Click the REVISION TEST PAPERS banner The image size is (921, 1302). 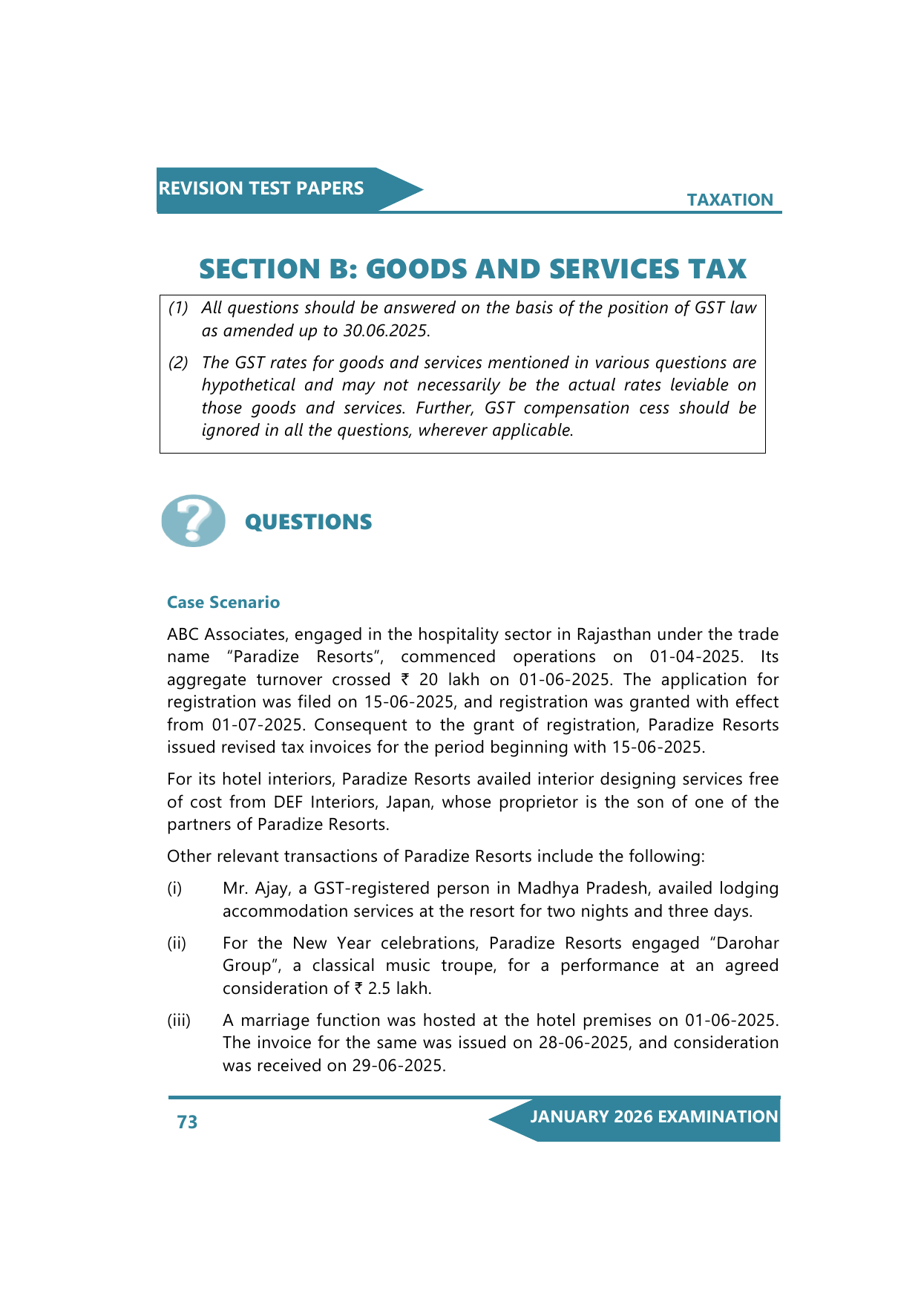(x=261, y=189)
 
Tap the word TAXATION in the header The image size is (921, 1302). (x=730, y=200)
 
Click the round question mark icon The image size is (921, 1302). (x=193, y=521)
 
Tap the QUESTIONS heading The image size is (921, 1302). (x=308, y=522)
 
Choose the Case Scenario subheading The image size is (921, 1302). (x=223, y=602)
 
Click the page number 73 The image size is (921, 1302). (x=187, y=1122)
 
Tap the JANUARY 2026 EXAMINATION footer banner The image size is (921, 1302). (x=653, y=1117)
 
